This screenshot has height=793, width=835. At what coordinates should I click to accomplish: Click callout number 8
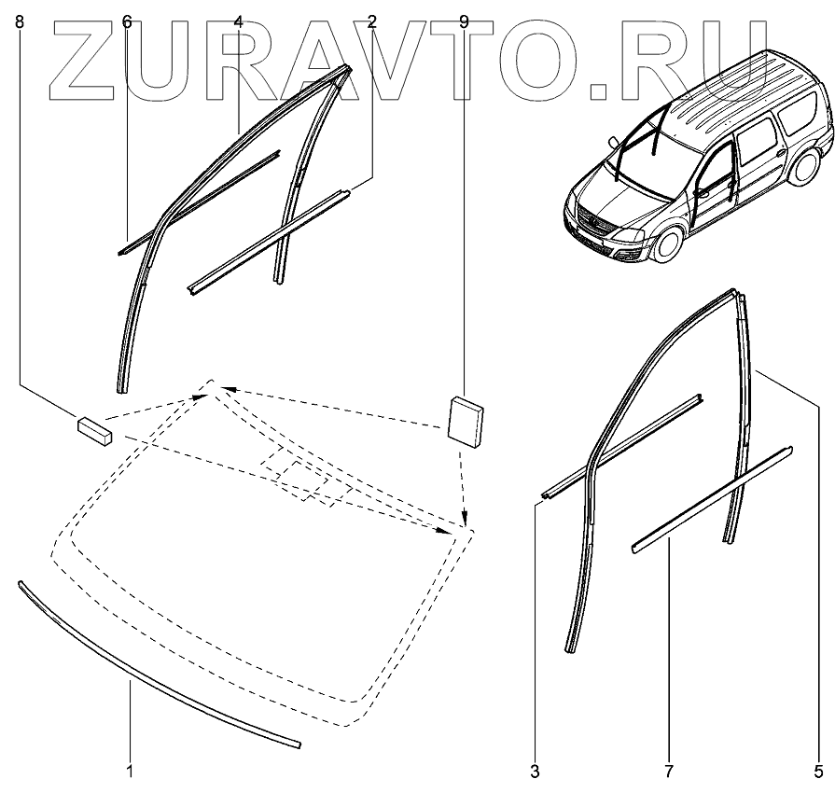click(21, 21)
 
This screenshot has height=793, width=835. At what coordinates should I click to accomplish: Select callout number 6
click(127, 21)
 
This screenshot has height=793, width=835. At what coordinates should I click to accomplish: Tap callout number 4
click(239, 21)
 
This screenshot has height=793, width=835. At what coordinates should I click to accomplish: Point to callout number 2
click(371, 21)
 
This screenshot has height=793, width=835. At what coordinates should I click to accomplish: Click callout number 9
click(464, 21)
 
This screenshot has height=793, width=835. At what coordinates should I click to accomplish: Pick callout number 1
click(130, 772)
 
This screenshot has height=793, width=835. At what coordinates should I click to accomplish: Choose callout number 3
click(535, 772)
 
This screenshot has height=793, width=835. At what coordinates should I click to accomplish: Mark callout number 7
click(669, 772)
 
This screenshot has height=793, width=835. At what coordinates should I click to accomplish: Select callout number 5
click(818, 772)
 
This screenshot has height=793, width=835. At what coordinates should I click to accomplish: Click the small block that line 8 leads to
click(92, 428)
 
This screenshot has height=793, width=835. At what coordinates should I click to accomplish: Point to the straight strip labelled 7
click(713, 498)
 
